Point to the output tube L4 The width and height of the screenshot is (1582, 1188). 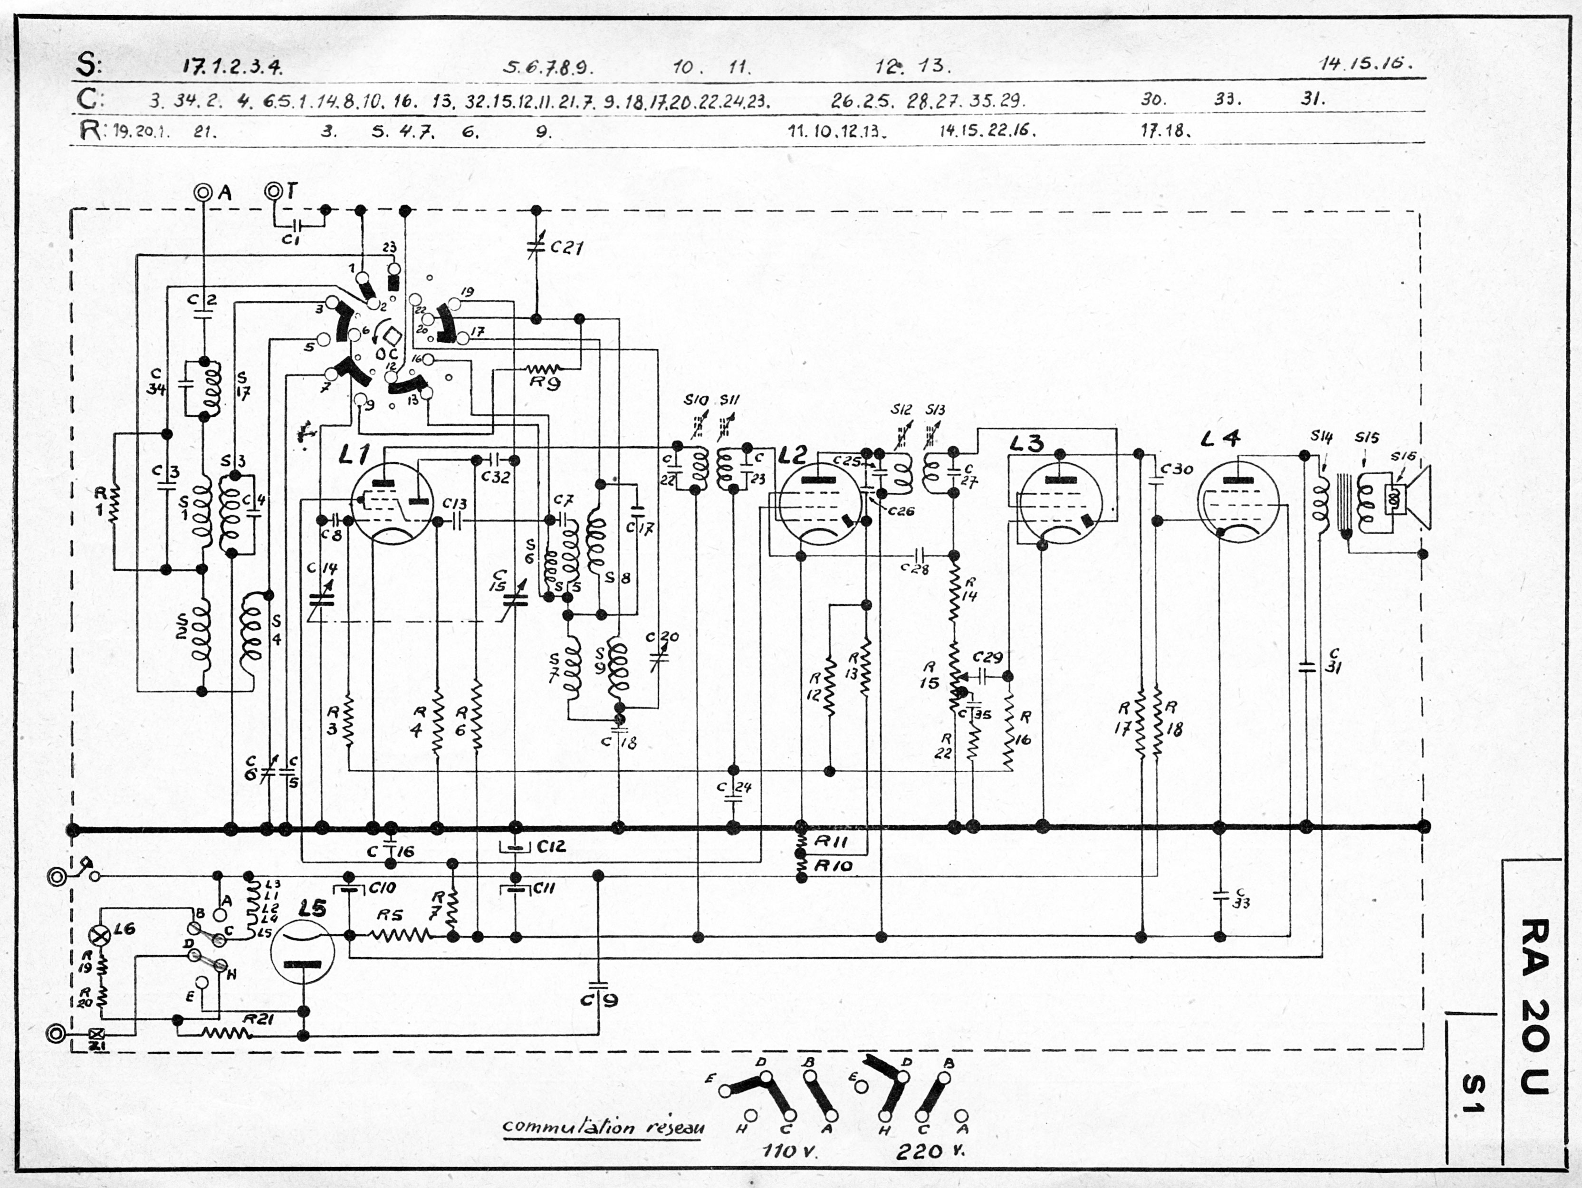(1237, 501)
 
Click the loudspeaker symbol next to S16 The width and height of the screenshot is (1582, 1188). (1412, 497)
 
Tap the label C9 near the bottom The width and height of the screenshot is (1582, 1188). (599, 1000)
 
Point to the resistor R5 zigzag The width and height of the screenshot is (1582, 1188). (398, 935)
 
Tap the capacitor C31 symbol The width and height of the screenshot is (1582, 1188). (1307, 667)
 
